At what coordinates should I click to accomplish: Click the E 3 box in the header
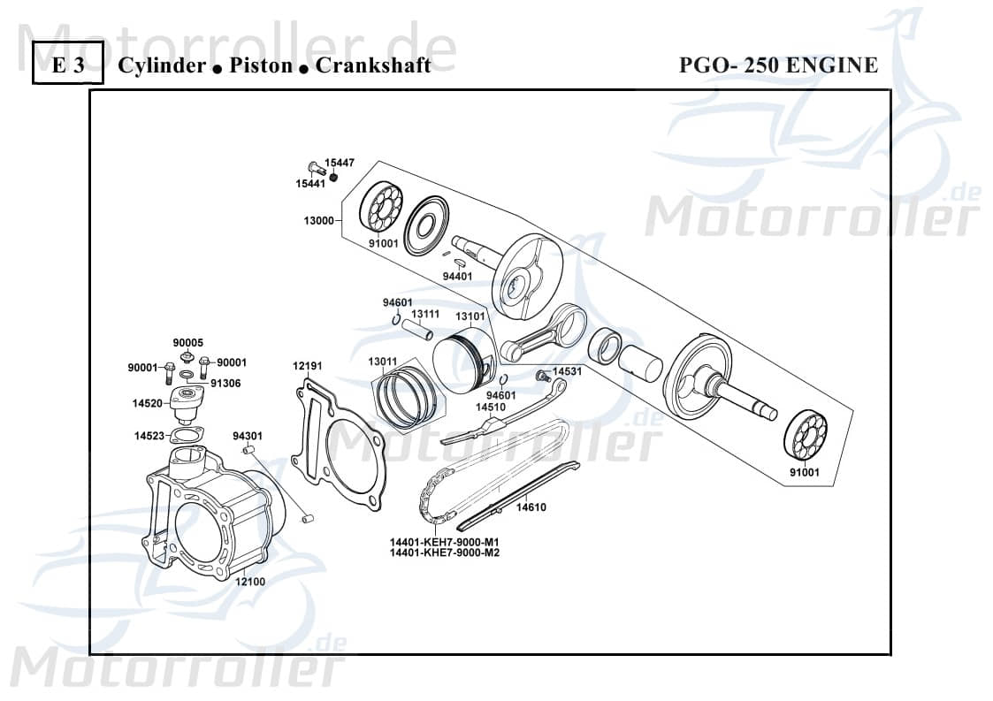click(x=68, y=65)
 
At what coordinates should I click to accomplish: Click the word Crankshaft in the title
click(x=373, y=65)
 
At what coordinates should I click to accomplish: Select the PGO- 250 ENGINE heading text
click(x=778, y=65)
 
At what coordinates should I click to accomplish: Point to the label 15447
click(x=340, y=163)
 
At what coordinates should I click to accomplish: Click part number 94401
click(x=457, y=276)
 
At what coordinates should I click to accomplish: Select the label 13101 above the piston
click(x=470, y=316)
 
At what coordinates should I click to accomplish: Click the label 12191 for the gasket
click(x=308, y=365)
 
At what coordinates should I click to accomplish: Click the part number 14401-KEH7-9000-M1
click(x=445, y=542)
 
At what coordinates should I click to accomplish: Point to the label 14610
click(x=531, y=507)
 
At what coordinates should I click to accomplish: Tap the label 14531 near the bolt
click(x=568, y=372)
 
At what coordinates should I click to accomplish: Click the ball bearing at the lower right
click(x=805, y=436)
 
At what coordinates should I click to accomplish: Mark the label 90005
click(x=187, y=342)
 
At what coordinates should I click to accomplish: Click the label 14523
click(x=149, y=436)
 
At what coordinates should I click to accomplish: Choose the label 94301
click(x=248, y=436)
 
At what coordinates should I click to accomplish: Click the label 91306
click(x=225, y=384)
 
